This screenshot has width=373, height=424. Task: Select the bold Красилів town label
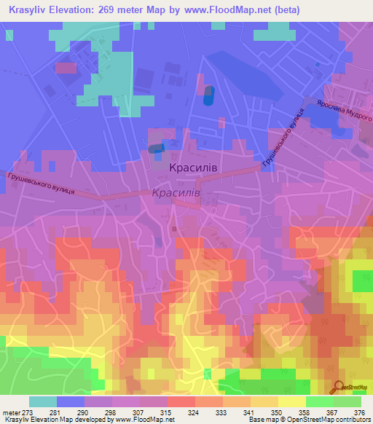[x=193, y=168]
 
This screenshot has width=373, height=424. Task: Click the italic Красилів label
[x=176, y=193]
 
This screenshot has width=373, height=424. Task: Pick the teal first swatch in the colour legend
[x=43, y=401]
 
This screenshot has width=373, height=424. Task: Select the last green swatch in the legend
[x=348, y=401]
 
